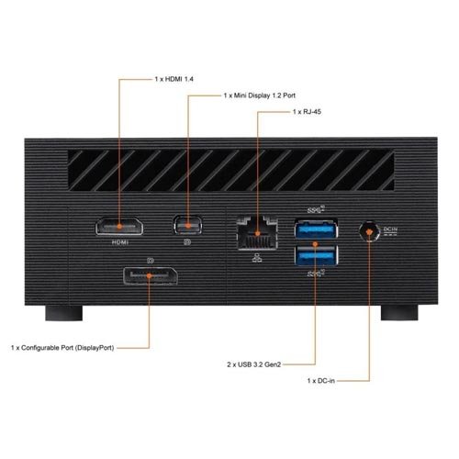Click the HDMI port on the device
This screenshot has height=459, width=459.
tap(119, 227)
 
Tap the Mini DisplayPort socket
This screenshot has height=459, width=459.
tap(187, 225)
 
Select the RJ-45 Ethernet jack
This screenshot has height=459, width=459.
tap(257, 233)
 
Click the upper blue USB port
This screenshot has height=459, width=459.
tap(317, 229)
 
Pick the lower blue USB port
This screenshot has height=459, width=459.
tap(317, 255)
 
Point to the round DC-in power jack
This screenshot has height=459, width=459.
tap(369, 231)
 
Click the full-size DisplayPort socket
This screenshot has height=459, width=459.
tap(151, 276)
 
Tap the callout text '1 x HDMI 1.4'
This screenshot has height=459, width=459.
tap(174, 79)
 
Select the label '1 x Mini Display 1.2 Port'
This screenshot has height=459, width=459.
tap(260, 95)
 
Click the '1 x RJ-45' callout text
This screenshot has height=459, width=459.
tap(307, 112)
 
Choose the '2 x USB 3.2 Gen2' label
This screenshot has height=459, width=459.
tap(254, 364)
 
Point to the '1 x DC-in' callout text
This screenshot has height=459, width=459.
tap(321, 381)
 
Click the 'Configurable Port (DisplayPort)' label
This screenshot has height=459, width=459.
tap(68, 348)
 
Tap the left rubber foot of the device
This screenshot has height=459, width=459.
tap(64, 313)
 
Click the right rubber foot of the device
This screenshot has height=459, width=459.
tap(399, 313)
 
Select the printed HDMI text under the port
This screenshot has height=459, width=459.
tap(120, 242)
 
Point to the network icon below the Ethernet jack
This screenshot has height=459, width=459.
tap(257, 258)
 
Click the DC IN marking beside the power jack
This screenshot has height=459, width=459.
tap(390, 231)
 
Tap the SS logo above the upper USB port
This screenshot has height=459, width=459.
tap(316, 209)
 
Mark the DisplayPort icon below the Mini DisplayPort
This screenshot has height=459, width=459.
tap(187, 242)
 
